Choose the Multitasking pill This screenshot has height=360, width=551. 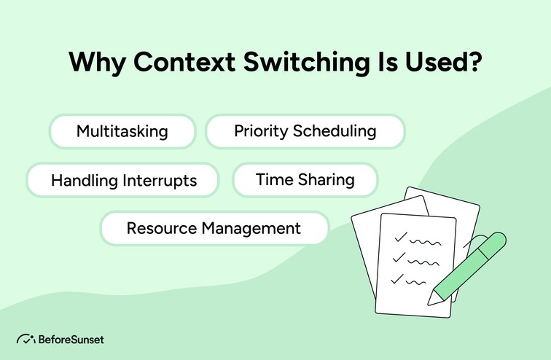(122, 132)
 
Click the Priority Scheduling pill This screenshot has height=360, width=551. (305, 132)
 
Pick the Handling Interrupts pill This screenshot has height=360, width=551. (123, 180)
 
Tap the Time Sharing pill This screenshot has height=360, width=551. (305, 179)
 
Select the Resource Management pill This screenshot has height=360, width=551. (214, 228)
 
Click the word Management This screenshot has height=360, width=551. (254, 228)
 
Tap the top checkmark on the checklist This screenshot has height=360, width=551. (399, 237)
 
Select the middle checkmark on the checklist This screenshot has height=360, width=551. (398, 257)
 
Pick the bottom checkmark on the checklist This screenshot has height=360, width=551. (396, 278)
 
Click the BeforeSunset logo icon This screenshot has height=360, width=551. (26, 340)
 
